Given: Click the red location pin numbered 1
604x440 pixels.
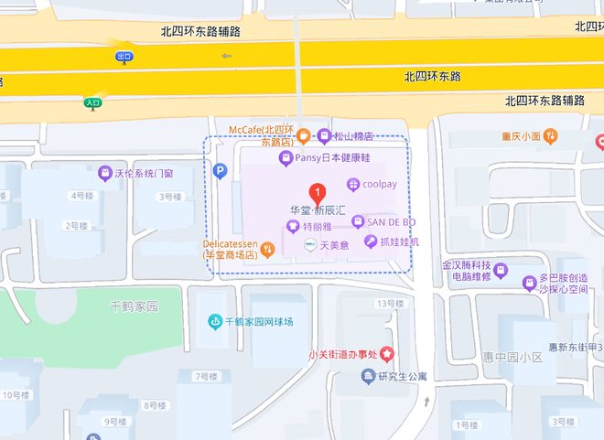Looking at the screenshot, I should click(x=317, y=193).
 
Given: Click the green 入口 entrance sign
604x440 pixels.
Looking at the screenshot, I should click(x=93, y=103).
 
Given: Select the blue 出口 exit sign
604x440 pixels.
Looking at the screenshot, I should click(x=124, y=57).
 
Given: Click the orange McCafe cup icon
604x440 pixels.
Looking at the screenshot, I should click(x=303, y=136).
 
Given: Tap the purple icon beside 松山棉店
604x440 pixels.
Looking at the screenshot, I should click(x=324, y=136).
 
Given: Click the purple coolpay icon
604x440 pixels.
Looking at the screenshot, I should click(x=352, y=185).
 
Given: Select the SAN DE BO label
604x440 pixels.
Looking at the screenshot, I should click(x=391, y=221).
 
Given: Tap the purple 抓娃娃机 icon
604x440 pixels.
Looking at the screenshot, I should click(x=370, y=241).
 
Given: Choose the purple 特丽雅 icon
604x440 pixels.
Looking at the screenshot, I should click(x=292, y=228).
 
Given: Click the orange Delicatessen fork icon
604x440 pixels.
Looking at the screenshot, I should click(x=267, y=248).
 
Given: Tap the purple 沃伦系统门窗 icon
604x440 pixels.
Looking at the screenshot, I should click(x=104, y=173).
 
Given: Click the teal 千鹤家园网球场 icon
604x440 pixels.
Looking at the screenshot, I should click(x=214, y=322).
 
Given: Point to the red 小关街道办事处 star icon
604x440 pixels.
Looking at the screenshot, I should click(x=388, y=353).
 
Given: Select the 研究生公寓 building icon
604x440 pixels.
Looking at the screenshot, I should click(x=368, y=376).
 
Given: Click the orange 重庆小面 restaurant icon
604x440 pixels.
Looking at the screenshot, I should click(x=550, y=136).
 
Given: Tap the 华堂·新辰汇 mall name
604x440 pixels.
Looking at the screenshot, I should click(x=317, y=210).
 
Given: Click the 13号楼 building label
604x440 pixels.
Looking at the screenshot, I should click(x=389, y=304).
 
